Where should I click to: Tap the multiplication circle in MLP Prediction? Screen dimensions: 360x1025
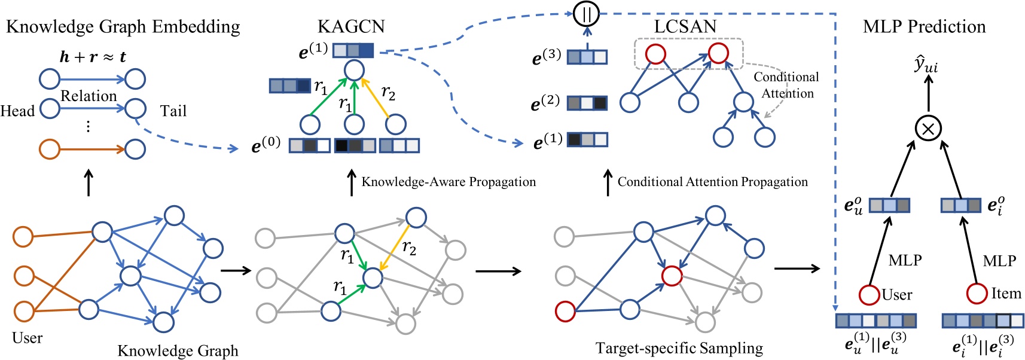(x=928, y=127)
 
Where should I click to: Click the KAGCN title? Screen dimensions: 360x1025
(x=351, y=26)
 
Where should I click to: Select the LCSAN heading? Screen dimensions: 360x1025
(x=685, y=26)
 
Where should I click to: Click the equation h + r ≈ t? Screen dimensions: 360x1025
(x=93, y=57)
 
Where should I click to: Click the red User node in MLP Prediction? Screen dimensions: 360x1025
(x=869, y=295)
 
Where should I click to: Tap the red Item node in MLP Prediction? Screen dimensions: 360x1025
(x=977, y=293)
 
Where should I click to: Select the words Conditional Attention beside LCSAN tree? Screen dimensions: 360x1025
(x=786, y=85)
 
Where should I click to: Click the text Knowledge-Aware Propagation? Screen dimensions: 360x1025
(x=449, y=182)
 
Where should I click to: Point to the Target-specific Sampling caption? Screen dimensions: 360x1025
(x=679, y=348)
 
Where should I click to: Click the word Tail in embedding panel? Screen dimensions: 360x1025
(x=173, y=111)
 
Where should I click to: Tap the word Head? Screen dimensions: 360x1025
(x=17, y=111)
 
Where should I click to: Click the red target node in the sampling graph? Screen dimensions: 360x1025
(x=672, y=276)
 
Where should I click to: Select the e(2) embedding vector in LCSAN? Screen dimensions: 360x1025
(x=587, y=103)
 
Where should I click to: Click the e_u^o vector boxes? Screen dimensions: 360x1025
(x=889, y=206)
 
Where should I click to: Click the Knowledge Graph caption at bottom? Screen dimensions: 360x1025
(x=178, y=350)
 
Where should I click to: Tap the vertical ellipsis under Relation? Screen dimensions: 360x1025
(x=88, y=126)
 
